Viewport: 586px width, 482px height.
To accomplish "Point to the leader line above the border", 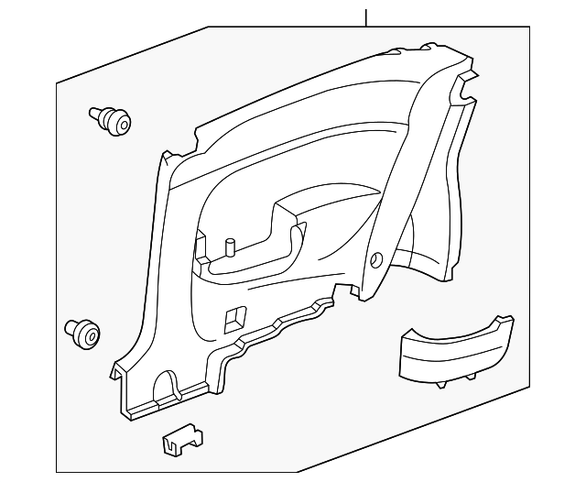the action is pyautogui.click(x=365, y=16).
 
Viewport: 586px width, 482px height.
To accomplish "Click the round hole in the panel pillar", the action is pyautogui.click(x=376, y=260).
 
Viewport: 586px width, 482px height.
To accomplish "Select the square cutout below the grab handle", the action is pyautogui.click(x=233, y=317).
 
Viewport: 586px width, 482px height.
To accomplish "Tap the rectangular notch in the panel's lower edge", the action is pyautogui.click(x=344, y=291).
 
